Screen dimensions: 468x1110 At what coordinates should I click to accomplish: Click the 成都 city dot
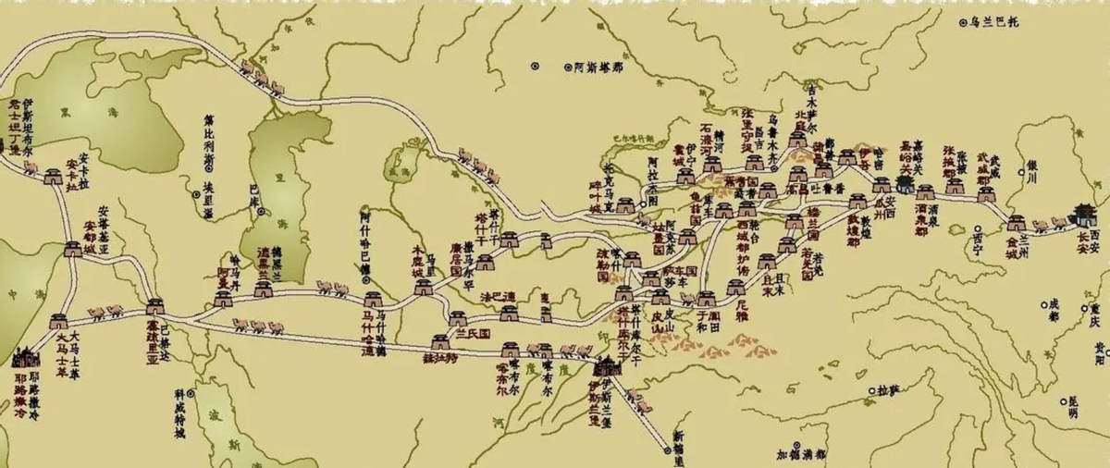[x=1044, y=303]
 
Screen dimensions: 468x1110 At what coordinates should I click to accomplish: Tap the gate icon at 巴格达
[x=154, y=305]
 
